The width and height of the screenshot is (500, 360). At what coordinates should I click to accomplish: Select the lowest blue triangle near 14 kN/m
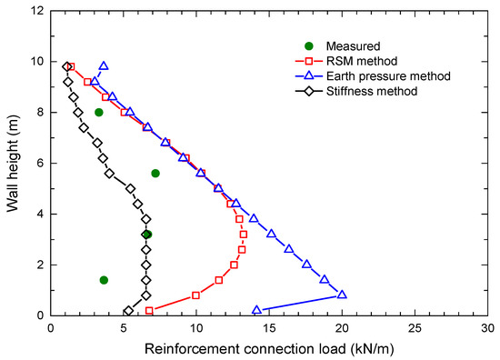click(x=256, y=311)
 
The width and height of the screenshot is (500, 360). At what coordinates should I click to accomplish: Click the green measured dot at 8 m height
click(x=99, y=113)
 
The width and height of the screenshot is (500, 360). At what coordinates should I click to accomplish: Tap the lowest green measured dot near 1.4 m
click(x=104, y=280)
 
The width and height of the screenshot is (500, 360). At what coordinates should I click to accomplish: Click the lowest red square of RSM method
click(x=149, y=311)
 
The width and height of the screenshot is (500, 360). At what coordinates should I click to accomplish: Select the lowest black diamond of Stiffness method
click(x=128, y=311)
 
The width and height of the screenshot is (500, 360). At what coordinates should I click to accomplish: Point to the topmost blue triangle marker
click(x=104, y=66)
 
